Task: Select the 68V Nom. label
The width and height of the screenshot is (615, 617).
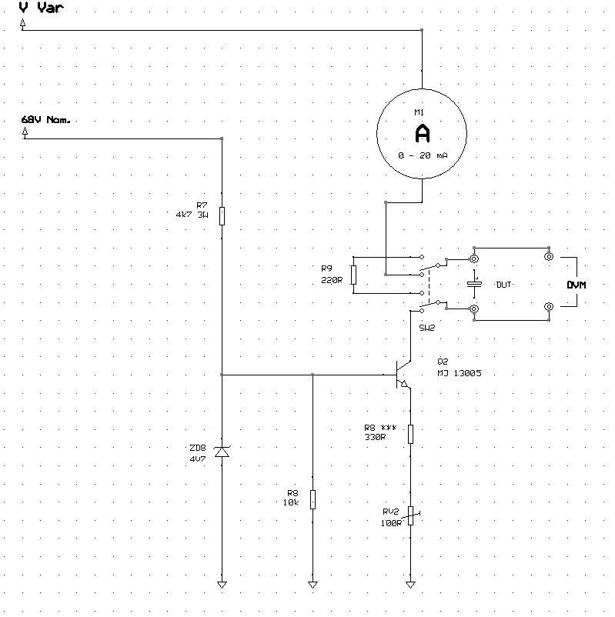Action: [x=47, y=120]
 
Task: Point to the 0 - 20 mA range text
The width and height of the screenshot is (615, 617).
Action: [x=423, y=155]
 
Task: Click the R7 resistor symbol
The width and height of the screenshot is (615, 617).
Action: [x=222, y=215]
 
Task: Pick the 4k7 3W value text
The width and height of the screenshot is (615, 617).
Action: [x=192, y=215]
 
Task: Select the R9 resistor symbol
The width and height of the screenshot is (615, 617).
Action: [x=353, y=275]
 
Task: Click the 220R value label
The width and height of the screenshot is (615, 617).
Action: [x=331, y=281]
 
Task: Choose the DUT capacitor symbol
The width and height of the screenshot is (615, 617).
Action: [x=474, y=284]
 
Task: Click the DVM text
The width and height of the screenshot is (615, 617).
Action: [x=577, y=285]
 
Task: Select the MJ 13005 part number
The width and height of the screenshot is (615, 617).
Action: [x=460, y=373]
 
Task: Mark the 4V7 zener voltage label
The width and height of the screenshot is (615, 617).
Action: [x=197, y=458]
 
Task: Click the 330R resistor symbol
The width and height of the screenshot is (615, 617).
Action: [x=410, y=434]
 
